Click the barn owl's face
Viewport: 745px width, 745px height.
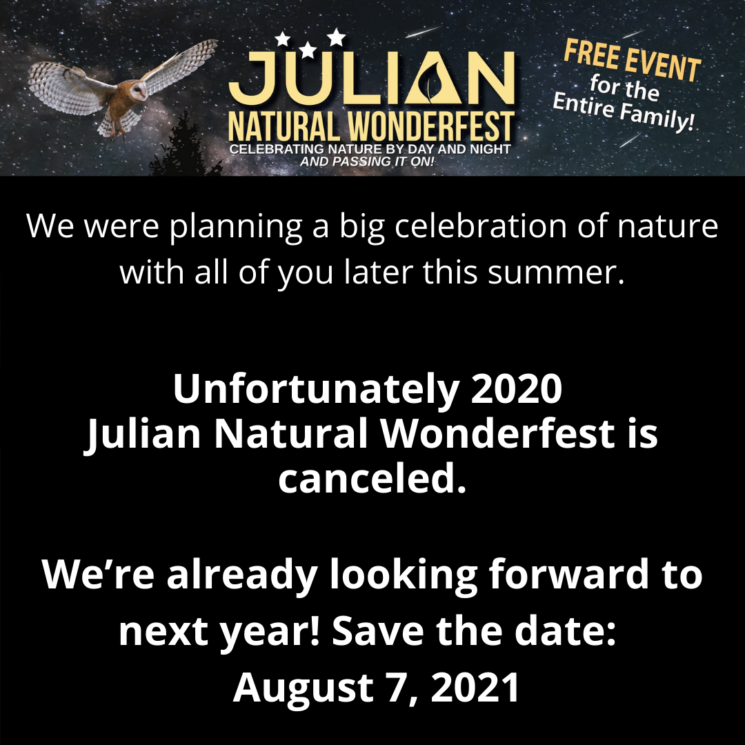coord(138,90)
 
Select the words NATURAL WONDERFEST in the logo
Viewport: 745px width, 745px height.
coord(371,127)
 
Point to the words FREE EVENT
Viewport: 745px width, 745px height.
coord(633,61)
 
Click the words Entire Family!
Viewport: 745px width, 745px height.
coord(624,112)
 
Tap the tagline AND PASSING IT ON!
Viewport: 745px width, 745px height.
coord(367,161)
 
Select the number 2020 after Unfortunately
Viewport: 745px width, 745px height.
coord(517,388)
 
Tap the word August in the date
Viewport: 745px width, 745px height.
coord(303,688)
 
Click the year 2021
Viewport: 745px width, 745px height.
coord(475,688)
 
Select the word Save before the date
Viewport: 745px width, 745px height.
coord(378,631)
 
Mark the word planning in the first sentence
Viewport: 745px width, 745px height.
coord(236,227)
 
